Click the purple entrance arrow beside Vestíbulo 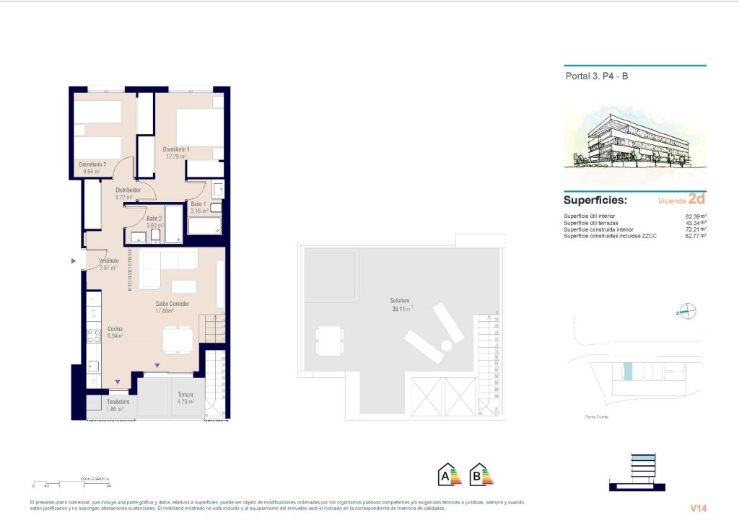[x=73, y=261]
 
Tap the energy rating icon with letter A [x=450, y=475]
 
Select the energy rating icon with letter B [x=481, y=475]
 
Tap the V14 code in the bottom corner [x=697, y=509]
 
